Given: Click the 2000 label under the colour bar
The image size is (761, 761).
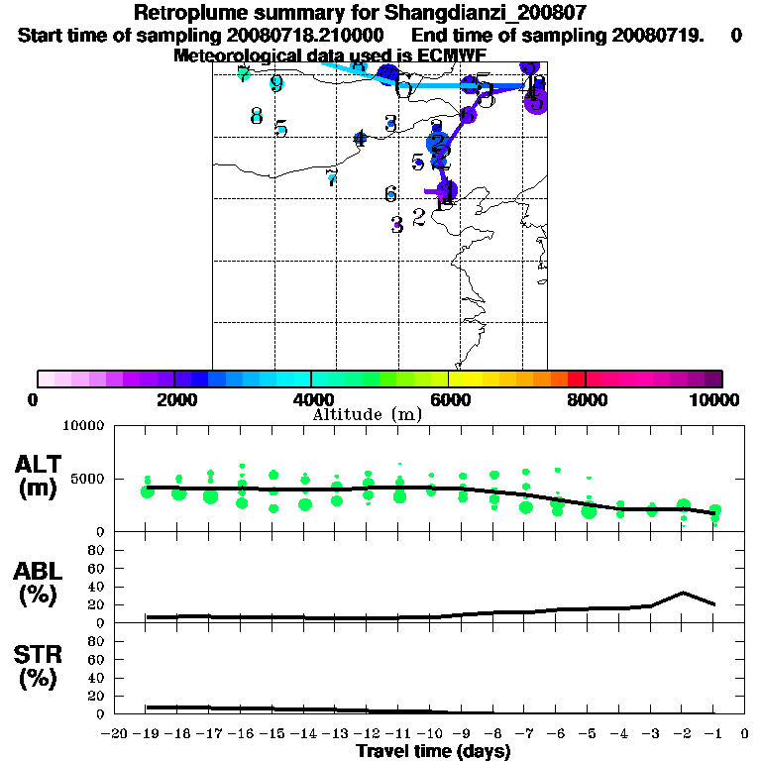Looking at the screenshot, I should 173,399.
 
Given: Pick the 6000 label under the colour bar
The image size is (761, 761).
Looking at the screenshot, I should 449,399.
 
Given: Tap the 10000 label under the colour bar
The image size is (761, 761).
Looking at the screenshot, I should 715,399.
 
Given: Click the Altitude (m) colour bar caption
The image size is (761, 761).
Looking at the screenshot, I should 368,414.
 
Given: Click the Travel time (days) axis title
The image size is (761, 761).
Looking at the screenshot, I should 434,751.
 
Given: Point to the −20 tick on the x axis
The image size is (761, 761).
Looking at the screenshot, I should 116,733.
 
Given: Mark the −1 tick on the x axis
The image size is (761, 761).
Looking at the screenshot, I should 713,733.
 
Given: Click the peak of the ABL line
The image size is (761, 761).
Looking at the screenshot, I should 683,593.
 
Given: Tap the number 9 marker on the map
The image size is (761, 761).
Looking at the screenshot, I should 276,83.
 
